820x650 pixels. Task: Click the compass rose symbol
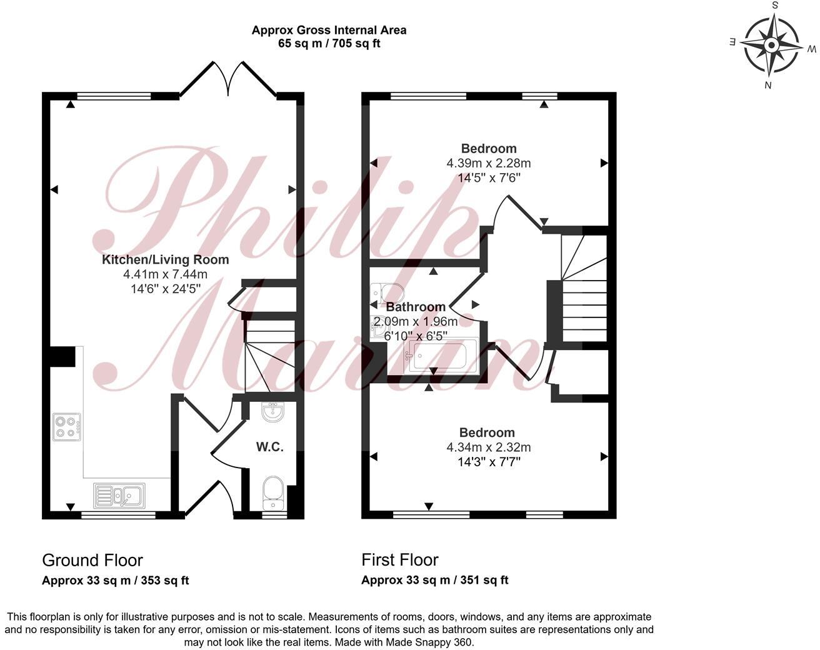(772, 46)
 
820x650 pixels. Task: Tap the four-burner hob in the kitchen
(67, 426)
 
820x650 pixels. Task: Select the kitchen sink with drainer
(119, 494)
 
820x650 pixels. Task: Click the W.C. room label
(270, 447)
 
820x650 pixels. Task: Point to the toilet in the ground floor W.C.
(273, 491)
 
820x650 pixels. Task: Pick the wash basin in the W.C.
(272, 412)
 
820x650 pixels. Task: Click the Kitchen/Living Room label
(166, 259)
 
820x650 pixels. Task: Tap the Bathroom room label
(416, 307)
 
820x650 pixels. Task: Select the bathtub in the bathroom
(442, 356)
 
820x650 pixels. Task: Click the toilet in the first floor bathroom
(386, 292)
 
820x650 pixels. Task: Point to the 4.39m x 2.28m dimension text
(489, 163)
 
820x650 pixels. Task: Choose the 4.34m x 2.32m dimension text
(489, 447)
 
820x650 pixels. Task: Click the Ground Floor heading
(92, 560)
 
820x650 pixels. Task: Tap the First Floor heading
(400, 559)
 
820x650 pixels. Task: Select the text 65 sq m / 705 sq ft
(329, 43)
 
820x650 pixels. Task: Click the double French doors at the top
(229, 78)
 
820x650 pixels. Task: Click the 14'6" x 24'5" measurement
(166, 289)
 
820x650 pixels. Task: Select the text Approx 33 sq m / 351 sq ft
(435, 580)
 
